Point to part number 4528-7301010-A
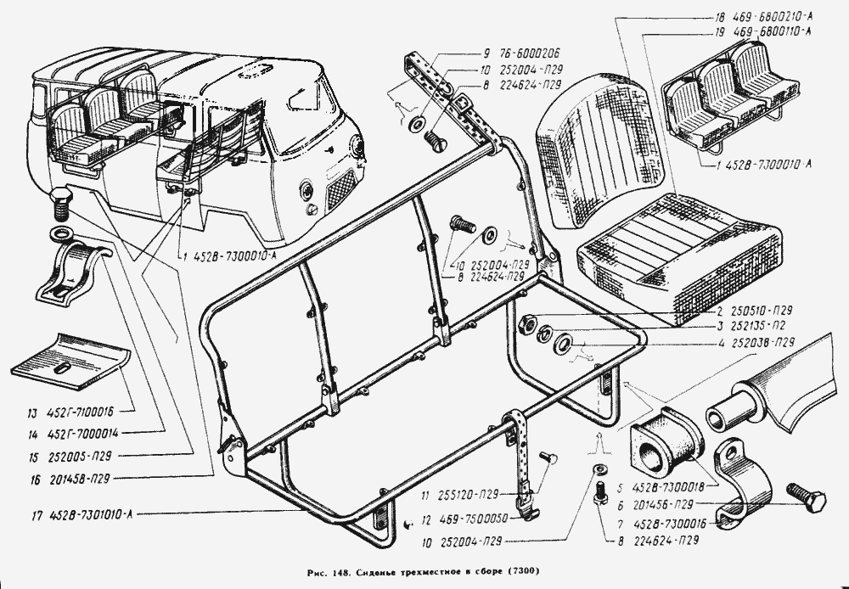click(x=87, y=513)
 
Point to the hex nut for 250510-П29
click(x=524, y=323)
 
